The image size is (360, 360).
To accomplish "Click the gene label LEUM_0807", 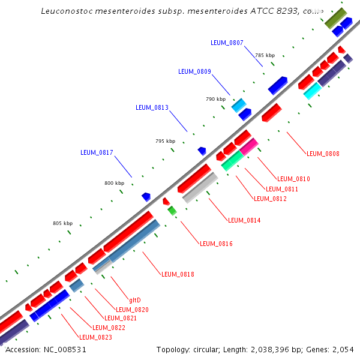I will tap(227, 43).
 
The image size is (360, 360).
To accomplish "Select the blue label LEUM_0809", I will tap(194, 71).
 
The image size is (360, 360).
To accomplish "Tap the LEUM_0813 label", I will tap(152, 107).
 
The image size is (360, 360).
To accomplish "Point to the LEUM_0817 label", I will tap(97, 152).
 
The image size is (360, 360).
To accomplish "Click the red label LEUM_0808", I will tap(323, 154).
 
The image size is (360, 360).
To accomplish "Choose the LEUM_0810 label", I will tap(293, 179).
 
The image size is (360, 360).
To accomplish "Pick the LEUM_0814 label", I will tap(244, 220).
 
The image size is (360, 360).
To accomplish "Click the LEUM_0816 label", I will tap(216, 244).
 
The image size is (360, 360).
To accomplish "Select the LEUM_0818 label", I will tap(178, 274).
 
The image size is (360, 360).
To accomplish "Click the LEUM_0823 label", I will tap(95, 337).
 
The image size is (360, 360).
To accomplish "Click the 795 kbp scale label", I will tap(165, 141).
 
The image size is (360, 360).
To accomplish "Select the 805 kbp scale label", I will tap(62, 223).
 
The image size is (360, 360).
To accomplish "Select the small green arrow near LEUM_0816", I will tap(172, 210).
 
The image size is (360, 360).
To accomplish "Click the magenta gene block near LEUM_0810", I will tap(249, 148).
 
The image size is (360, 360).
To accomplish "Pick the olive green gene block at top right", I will tap(335, 17).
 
